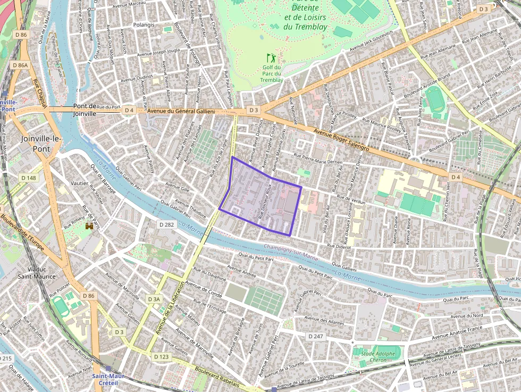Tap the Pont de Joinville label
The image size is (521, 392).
(x=85, y=110)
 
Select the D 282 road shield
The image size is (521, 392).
(x=166, y=225)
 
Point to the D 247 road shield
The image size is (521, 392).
(x=316, y=336)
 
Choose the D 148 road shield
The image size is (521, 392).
(x=28, y=178)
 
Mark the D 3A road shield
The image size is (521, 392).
(x=153, y=299)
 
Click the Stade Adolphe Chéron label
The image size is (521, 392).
(x=378, y=357)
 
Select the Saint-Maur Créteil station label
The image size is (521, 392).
(x=108, y=380)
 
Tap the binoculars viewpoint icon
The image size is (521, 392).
(x=89, y=226)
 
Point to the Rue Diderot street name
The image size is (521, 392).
(x=339, y=246)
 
